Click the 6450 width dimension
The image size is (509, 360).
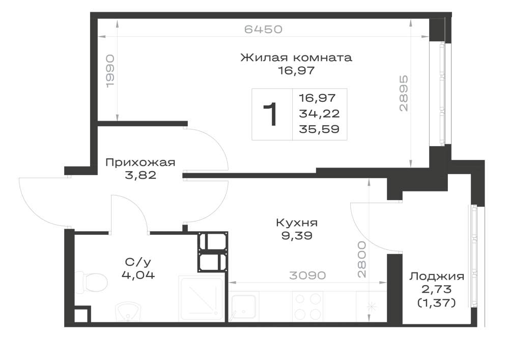pos(263,29)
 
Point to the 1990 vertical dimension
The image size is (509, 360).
pos(110,71)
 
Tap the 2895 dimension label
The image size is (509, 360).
pos(404,94)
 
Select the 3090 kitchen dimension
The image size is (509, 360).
pos(307,275)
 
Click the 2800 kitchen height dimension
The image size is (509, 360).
pos(362,259)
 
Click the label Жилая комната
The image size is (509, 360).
pos(296,58)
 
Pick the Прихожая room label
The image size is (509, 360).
pos(140,162)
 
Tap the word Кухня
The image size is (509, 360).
pos(297,223)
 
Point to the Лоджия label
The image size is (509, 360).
pos(436,276)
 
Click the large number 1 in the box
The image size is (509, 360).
pos(270,114)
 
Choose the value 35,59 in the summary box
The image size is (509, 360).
pos(319,129)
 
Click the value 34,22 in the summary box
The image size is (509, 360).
pos(319,114)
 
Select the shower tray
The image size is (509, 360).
pos(201,299)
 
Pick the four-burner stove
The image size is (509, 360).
pos(308,307)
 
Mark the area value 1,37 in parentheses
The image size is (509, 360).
pos(436,303)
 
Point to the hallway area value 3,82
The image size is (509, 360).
pos(140,175)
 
